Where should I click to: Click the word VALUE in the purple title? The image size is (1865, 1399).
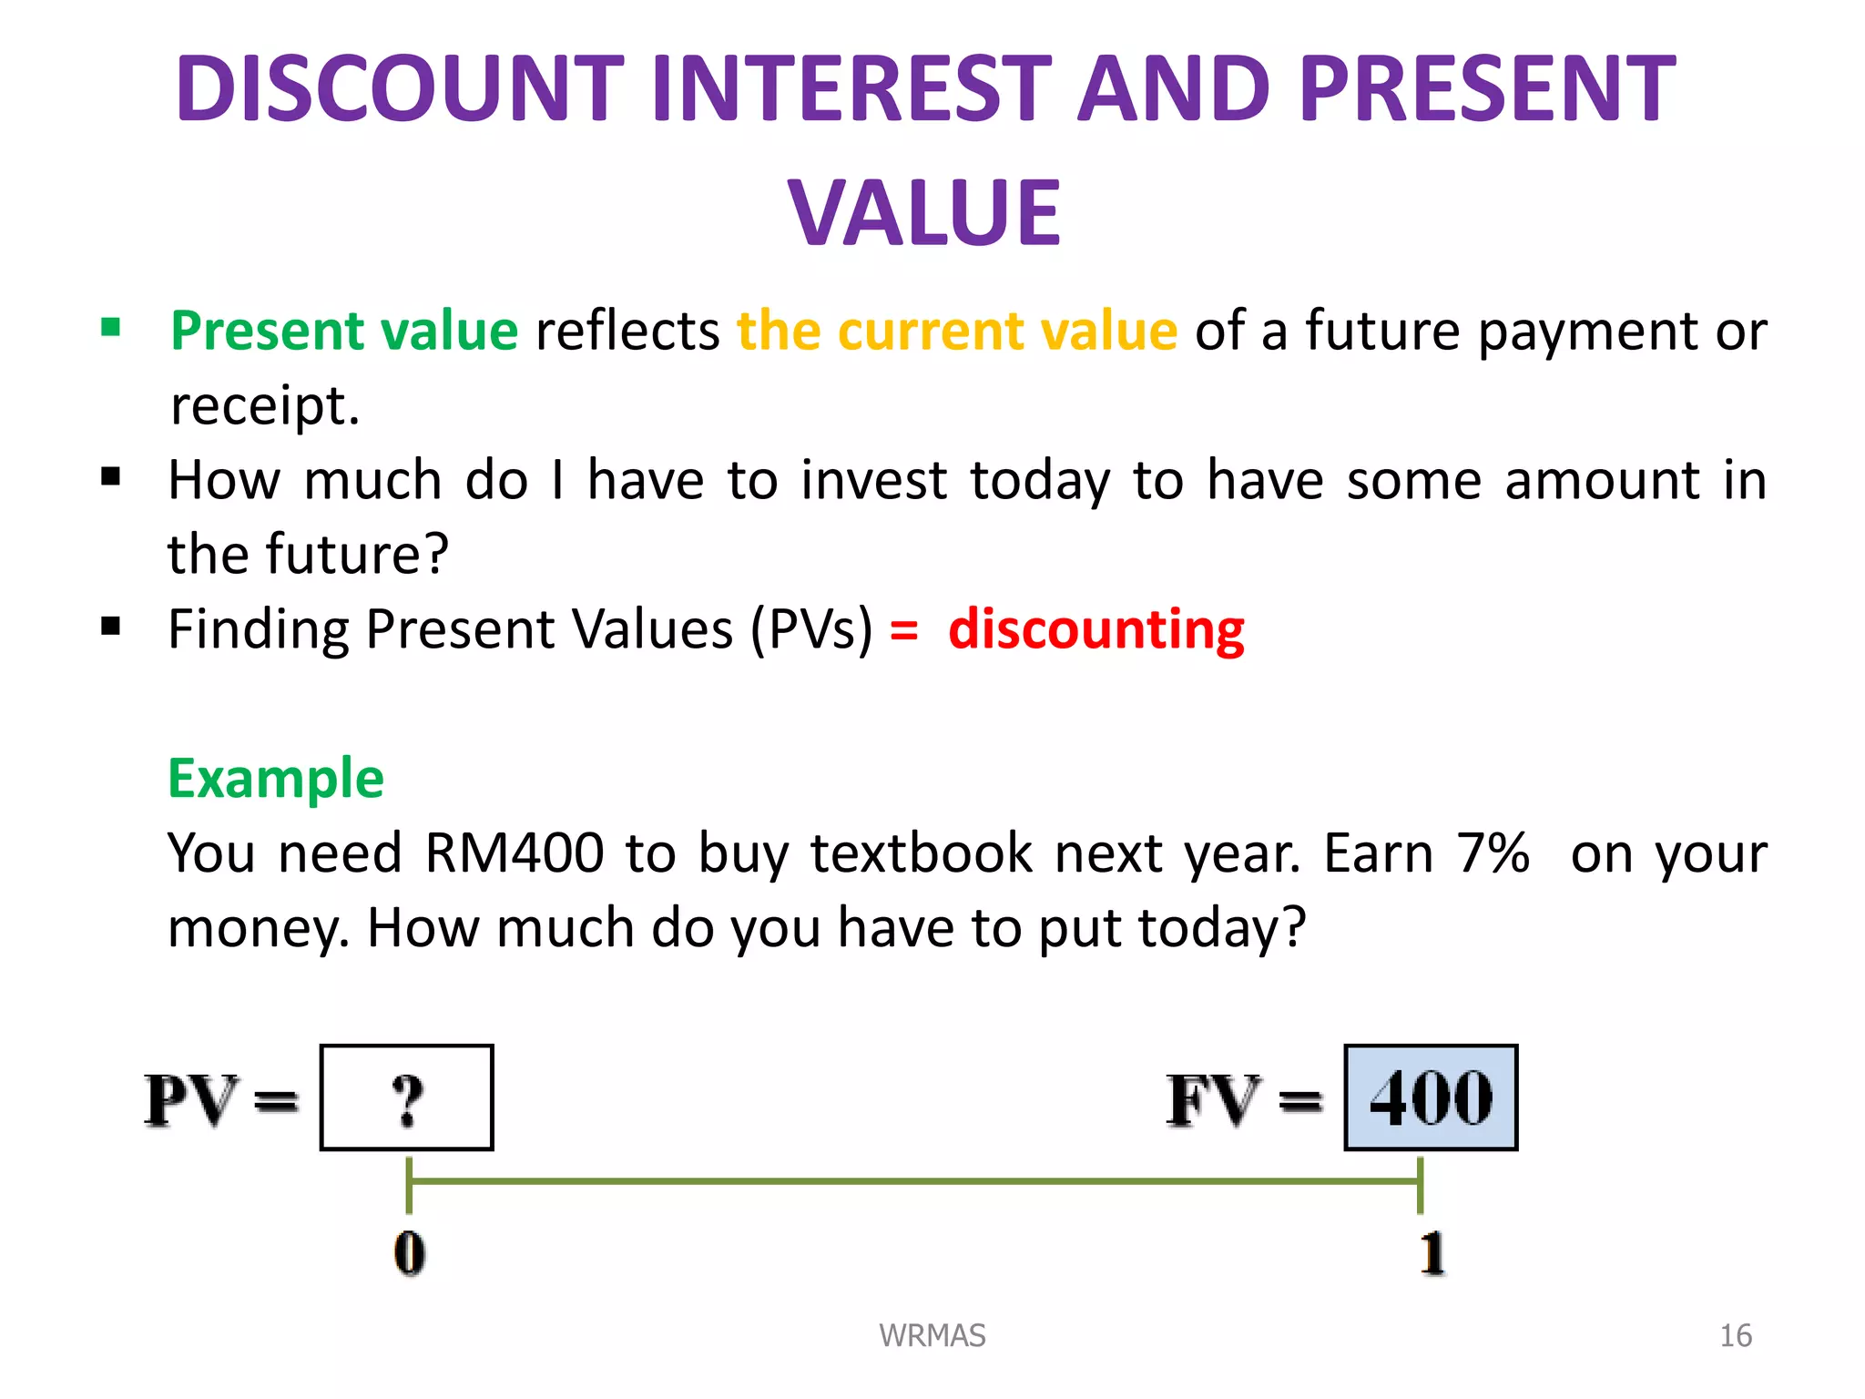pos(924,212)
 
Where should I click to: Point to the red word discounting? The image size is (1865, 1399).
pos(1096,629)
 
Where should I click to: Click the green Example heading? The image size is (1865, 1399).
pos(276,779)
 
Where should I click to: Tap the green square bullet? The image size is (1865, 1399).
pos(111,327)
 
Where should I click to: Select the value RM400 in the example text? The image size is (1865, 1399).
pos(514,853)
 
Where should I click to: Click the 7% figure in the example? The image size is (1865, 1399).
pos(1493,853)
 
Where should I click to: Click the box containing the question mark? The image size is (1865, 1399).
pos(407,1098)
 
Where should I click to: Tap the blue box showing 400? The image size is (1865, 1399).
pos(1431,1098)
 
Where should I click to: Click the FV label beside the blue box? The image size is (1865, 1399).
pos(1214,1100)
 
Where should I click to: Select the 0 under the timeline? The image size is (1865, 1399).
pos(409,1253)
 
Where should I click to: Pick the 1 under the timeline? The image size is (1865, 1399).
pos(1432,1253)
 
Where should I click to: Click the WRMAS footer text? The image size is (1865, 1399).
pos(932,1335)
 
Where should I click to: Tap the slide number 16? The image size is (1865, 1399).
pos(1735,1335)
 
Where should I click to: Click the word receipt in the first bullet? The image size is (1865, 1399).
pos(264,406)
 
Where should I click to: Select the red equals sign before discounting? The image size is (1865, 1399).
pos(903,630)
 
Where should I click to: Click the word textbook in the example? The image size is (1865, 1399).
pos(922,853)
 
